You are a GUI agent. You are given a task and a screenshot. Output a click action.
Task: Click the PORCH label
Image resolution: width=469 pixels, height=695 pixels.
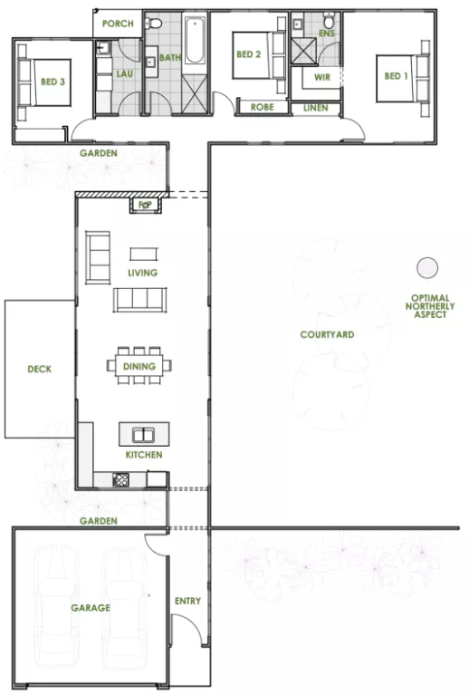tap(117, 24)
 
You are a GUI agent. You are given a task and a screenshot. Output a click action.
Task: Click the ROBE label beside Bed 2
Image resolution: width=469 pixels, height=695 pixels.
tap(262, 107)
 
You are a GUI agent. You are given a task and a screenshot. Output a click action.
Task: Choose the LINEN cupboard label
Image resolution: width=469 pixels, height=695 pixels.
tap(316, 107)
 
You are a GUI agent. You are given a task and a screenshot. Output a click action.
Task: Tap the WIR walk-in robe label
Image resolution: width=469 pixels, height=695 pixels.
tap(321, 77)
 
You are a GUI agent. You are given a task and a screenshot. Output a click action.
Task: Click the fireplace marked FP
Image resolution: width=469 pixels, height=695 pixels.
tap(144, 205)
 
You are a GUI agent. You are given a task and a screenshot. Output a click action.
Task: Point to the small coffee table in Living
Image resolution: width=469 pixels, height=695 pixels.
tap(142, 254)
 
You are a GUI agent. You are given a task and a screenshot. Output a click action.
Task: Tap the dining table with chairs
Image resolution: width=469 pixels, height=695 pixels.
tap(142, 365)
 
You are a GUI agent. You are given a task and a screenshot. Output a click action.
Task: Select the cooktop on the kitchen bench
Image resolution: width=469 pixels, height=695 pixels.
tap(121, 479)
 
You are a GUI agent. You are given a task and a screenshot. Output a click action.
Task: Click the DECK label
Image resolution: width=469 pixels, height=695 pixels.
tap(39, 369)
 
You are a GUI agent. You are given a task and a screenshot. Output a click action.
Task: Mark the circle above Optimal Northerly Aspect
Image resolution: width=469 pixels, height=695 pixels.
tap(426, 267)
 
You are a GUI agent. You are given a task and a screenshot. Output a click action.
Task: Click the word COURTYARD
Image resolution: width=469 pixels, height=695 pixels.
tap(327, 334)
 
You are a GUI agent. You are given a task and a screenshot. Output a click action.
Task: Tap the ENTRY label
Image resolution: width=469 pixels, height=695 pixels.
tap(187, 601)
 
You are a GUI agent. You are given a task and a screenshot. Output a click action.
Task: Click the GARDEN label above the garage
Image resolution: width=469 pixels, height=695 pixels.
tap(98, 521)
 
